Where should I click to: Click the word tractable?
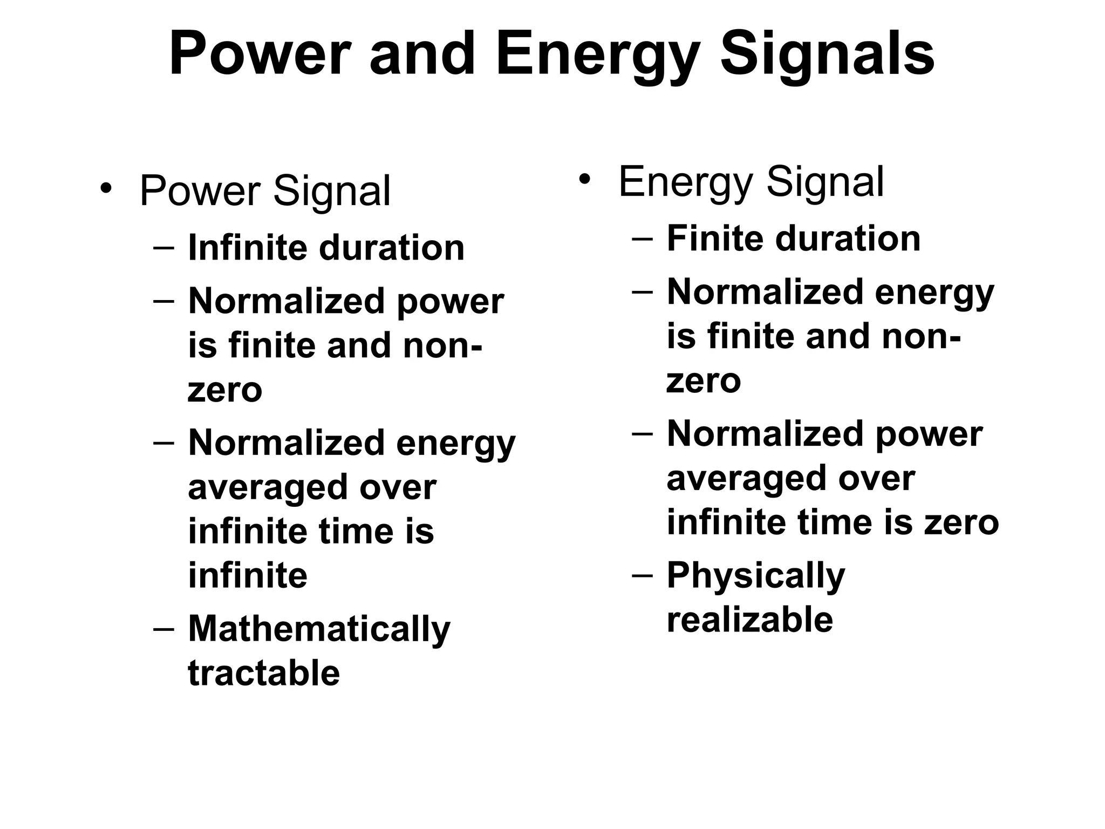point(264,673)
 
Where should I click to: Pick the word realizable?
point(749,620)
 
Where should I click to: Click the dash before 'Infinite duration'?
point(163,248)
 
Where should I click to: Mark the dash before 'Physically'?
point(642,575)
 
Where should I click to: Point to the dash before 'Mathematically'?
point(163,629)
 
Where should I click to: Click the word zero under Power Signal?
point(224,391)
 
